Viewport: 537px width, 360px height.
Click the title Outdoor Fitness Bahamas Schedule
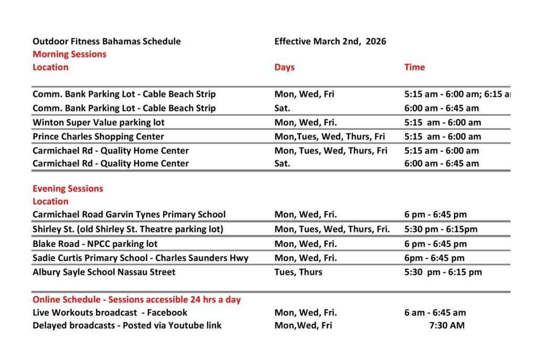coord(106,41)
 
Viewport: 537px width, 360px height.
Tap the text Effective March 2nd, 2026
coord(330,41)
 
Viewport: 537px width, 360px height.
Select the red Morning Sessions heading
coord(69,54)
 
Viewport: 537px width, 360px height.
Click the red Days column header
coord(284,67)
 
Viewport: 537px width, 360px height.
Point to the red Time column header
coord(414,67)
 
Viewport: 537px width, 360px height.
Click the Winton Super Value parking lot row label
coord(98,123)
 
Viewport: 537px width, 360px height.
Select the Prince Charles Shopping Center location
coord(98,137)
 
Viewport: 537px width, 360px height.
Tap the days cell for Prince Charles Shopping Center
coord(329,137)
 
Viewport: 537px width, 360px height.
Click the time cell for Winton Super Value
coord(442,123)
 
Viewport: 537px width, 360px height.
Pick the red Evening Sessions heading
coord(68,189)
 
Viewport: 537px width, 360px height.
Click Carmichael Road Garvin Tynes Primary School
coord(129,214)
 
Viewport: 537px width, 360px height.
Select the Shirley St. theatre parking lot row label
coord(127,229)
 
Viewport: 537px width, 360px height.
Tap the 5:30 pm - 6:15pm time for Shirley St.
coord(441,229)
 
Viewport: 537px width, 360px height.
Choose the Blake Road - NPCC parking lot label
coord(95,244)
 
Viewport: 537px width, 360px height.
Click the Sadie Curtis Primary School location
coord(141,258)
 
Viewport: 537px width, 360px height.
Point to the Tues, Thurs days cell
coord(298,272)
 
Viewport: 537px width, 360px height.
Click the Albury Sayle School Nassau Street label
coord(104,272)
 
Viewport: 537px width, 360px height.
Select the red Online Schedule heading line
coord(136,300)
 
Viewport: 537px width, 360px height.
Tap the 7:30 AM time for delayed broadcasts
coord(447,325)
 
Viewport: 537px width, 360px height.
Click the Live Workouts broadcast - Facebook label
coord(110,313)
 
